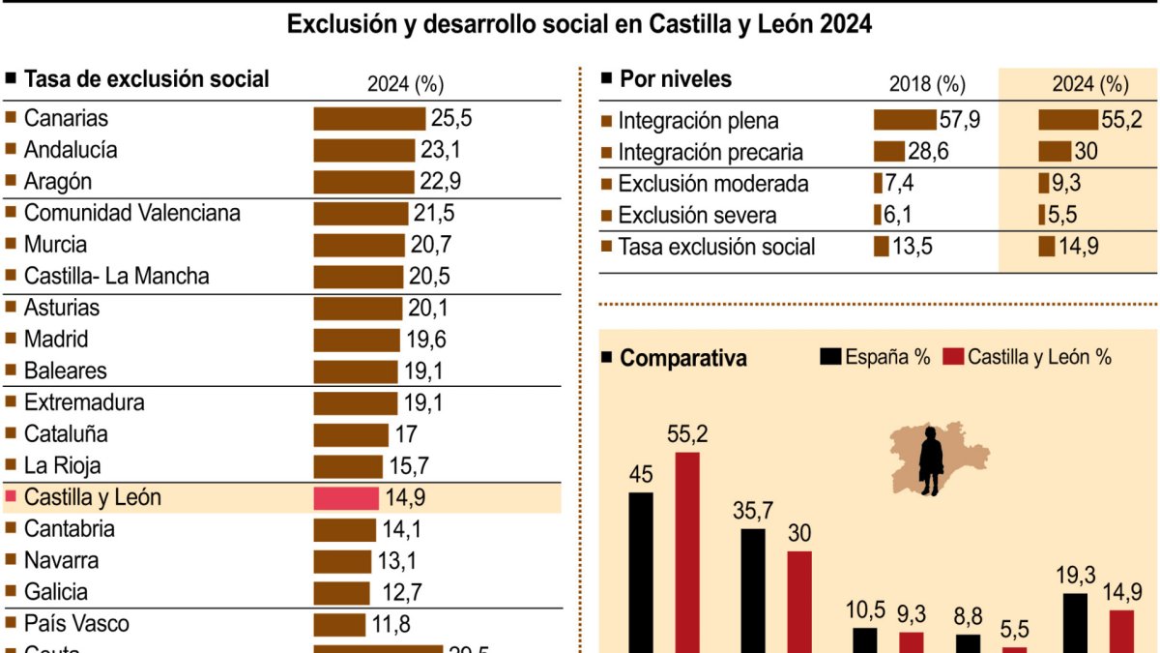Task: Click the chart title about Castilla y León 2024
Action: pyautogui.click(x=579, y=24)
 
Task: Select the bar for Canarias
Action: pyautogui.click(x=369, y=118)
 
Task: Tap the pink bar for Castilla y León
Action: pyautogui.click(x=346, y=497)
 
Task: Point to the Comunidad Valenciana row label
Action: pyautogui.click(x=131, y=213)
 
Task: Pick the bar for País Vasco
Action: pyautogui.click(x=339, y=624)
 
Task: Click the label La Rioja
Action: pyautogui.click(x=62, y=465)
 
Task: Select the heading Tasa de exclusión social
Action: pyautogui.click(x=146, y=79)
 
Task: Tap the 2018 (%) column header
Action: pyautogui.click(x=927, y=84)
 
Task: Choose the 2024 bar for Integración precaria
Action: pyautogui.click(x=1055, y=152)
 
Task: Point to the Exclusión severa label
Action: pyautogui.click(x=697, y=215)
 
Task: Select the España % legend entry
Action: pyautogui.click(x=875, y=356)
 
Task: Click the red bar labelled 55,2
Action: pyautogui.click(x=687, y=551)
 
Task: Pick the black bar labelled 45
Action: pyautogui.click(x=641, y=572)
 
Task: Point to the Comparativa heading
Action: pyautogui.click(x=682, y=358)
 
